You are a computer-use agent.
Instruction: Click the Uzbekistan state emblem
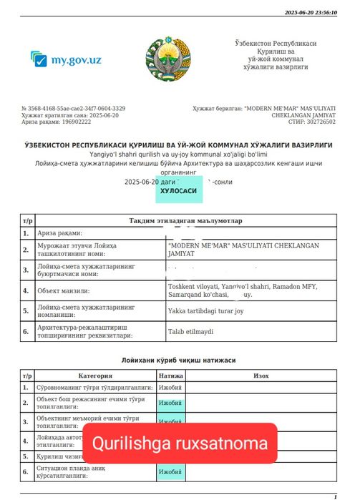(169, 59)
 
